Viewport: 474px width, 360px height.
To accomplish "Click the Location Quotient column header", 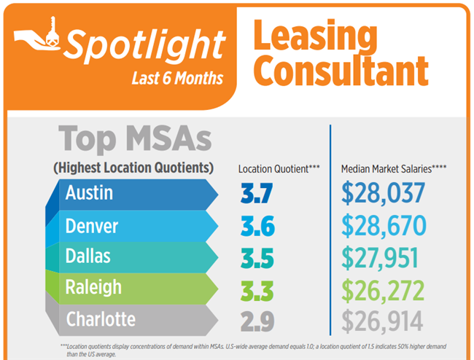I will click(x=279, y=169).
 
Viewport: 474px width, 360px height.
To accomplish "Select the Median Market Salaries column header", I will click(x=394, y=169).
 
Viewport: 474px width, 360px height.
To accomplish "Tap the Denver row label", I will click(x=92, y=226).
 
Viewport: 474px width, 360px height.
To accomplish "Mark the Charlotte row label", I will click(x=101, y=319).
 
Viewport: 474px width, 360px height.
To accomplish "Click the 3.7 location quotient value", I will click(x=257, y=195).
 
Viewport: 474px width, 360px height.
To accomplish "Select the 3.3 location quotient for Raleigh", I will click(x=257, y=289).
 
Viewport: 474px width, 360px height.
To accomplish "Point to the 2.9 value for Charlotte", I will click(x=257, y=321).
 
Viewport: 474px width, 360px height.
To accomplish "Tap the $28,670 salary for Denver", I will click(x=384, y=226).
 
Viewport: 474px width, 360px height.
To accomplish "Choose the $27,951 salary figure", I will click(x=383, y=258).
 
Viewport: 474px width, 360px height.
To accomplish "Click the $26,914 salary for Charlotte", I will click(x=383, y=321).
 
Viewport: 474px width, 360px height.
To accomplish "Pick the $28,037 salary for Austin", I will click(x=383, y=195).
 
